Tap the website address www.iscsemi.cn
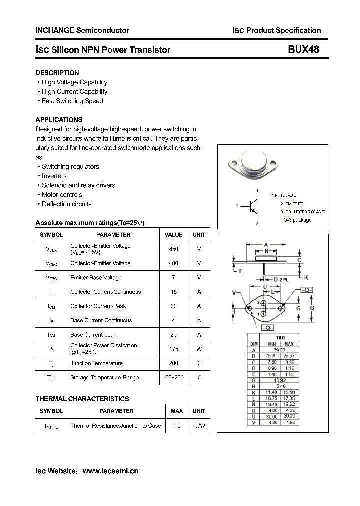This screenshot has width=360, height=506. pos(110,471)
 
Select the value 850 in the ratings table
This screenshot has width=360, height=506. pos(173,249)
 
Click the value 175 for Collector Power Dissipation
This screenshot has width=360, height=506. pos(173,349)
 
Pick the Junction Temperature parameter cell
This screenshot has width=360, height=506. pos(96,363)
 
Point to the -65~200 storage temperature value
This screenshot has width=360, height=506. pos(173,378)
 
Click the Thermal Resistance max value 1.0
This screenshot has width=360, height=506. pos(177,426)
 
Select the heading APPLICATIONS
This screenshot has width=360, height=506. pos(59,120)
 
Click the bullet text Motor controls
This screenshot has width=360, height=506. pos(62,195)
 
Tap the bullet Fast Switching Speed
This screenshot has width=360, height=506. pos(72,101)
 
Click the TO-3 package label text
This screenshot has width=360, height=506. pos(296,220)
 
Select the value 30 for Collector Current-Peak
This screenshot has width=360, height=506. pos(173,306)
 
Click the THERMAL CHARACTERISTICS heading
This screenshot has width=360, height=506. pos(82,399)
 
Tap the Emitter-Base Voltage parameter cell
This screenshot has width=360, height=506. pos(96,278)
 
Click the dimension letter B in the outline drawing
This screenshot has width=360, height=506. pos(312,308)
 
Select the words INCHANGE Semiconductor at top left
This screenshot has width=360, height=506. pos(82,30)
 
